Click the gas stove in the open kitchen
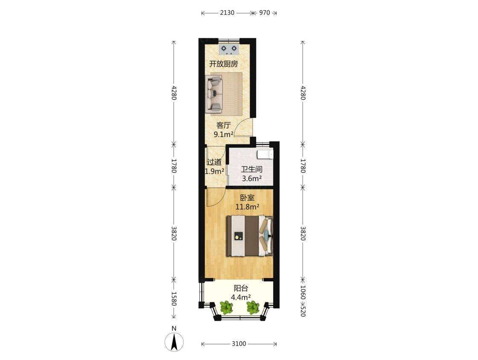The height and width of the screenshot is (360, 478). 229,49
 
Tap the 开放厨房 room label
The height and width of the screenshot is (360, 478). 224,64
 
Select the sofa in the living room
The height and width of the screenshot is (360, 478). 214,93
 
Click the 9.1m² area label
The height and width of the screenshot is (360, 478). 224,134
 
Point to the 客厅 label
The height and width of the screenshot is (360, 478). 224,126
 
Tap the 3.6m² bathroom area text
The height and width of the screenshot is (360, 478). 252,179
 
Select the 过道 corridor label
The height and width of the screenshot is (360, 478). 214,162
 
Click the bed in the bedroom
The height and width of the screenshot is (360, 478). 249,236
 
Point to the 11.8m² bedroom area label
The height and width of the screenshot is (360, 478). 247,207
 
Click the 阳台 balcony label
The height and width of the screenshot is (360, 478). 241,288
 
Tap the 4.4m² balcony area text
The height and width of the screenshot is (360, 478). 241,297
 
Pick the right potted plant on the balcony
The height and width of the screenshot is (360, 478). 253,307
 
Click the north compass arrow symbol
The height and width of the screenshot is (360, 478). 174,342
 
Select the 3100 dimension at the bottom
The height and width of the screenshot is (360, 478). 239,344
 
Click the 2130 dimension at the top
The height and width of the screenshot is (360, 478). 227,12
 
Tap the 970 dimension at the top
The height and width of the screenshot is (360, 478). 265,12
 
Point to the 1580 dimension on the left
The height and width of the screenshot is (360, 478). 174,299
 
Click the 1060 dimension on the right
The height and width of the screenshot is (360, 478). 303,292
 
